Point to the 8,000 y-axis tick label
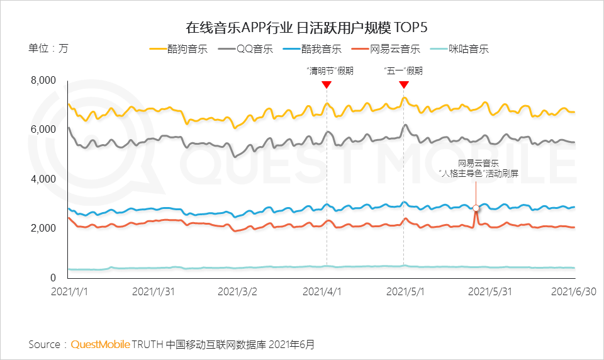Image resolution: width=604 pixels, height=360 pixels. (x=43, y=81)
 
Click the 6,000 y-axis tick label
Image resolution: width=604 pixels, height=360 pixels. (x=43, y=130)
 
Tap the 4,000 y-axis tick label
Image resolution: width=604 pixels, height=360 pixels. (x=43, y=179)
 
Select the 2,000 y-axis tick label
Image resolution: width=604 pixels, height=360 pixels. (x=43, y=228)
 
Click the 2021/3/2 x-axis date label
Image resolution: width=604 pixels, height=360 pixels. (x=237, y=292)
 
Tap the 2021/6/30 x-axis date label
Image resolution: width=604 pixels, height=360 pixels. (x=573, y=292)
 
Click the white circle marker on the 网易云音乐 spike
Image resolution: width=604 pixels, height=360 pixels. (x=476, y=208)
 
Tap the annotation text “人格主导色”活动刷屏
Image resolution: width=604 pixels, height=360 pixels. (x=479, y=174)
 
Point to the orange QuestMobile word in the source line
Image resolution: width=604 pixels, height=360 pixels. (x=101, y=344)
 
